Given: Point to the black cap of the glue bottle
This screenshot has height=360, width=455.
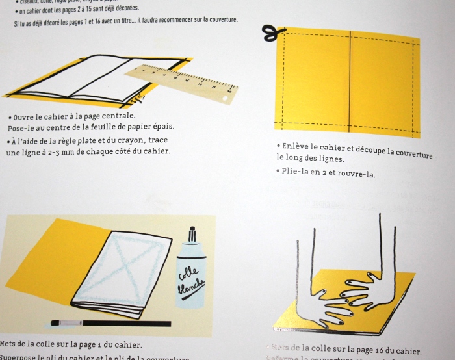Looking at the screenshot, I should pyautogui.click(x=193, y=235).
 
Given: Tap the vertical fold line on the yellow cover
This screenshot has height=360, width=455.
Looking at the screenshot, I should pyautogui.click(x=350, y=81).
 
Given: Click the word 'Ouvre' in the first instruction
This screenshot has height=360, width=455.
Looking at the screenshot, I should pyautogui.click(x=25, y=116).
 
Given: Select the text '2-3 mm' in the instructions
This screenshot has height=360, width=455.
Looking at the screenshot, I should pyautogui.click(x=79, y=152).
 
